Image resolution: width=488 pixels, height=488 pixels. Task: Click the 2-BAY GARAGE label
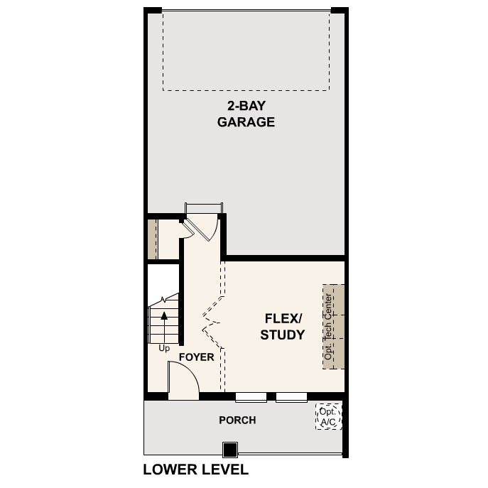[x=246, y=114]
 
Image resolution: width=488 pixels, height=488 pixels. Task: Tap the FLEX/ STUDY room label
[x=282, y=327]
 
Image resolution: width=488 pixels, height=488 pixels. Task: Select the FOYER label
[x=196, y=357]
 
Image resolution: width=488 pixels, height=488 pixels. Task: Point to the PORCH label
[x=237, y=420]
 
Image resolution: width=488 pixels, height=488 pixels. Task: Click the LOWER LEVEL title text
[x=196, y=470]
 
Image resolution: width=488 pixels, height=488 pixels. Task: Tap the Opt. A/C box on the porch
[x=328, y=417]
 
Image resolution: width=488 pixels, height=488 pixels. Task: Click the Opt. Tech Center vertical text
[x=328, y=327]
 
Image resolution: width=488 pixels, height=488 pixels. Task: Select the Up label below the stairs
[x=164, y=349]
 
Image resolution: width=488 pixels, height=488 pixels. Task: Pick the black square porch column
[x=229, y=450]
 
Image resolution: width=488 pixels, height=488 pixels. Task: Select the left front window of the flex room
[x=251, y=396]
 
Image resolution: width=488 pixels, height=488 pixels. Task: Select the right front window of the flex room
[x=291, y=396]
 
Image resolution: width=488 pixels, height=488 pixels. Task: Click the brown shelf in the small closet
[x=151, y=239]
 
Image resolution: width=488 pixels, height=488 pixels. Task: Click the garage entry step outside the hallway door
[x=204, y=207]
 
